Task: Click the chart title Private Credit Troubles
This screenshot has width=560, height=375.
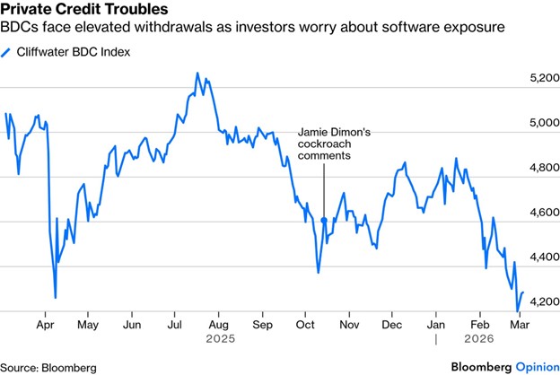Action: coord(83,10)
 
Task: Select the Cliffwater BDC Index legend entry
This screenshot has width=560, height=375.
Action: coord(73,52)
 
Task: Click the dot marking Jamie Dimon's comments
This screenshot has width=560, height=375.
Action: coord(323,220)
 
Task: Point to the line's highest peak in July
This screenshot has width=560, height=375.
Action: coord(197,74)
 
